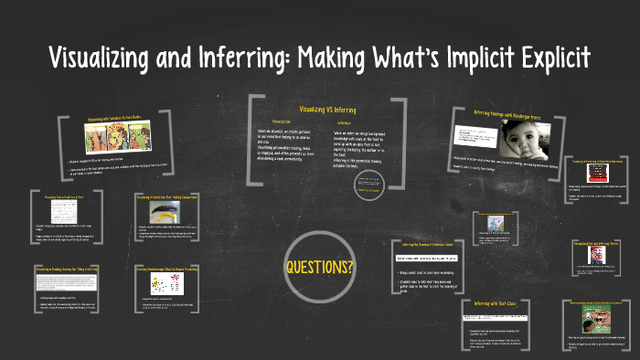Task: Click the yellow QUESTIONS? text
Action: pyautogui.click(x=320, y=268)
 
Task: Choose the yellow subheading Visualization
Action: pyautogui.click(x=280, y=121)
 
